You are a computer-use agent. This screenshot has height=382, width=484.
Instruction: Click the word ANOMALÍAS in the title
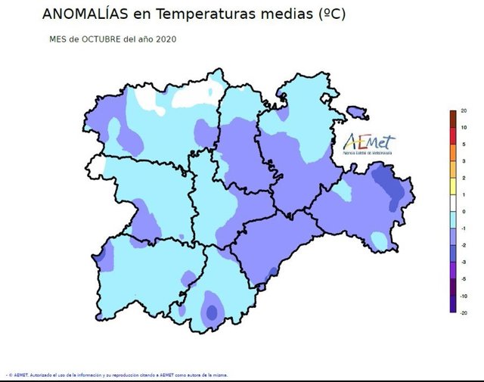pos(85,14)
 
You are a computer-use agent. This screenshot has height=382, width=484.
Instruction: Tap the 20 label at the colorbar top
pos(464,111)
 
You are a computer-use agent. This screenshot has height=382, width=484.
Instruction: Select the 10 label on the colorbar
pos(464,128)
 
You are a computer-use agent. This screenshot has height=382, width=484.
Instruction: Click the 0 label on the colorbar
pos(464,211)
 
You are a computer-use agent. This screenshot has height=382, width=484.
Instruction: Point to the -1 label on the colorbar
pos(464,228)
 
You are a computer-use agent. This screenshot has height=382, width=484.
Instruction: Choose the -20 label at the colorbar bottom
pos(464,312)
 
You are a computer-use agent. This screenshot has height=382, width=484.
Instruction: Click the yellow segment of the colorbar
pos(452,186)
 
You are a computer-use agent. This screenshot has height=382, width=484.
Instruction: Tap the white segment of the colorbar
pos(452,203)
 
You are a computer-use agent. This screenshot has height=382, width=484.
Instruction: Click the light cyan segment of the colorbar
pos(452,219)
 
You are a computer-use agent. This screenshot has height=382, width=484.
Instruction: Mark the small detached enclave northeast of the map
pos(357,113)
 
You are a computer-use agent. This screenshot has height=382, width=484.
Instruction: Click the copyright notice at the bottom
pos(117,374)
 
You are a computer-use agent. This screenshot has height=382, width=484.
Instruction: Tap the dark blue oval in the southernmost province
pos(212,311)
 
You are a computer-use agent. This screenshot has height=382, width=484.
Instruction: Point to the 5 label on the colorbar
pos(464,144)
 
